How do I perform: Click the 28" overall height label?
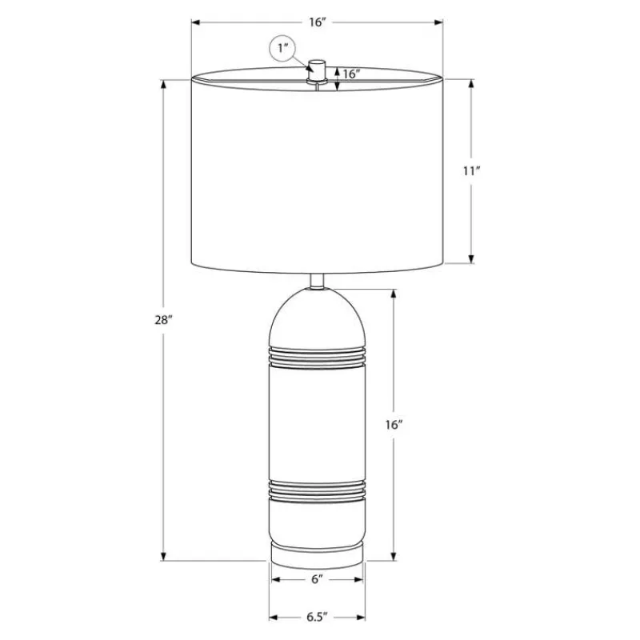tap(164, 320)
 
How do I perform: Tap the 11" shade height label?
tap(471, 170)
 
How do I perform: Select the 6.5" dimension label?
tap(317, 617)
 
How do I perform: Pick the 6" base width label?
tap(317, 579)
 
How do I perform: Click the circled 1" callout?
tap(282, 49)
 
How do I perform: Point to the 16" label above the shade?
tap(318, 22)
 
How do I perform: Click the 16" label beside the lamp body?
tap(394, 425)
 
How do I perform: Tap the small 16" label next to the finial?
tap(351, 74)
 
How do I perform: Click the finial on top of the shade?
tap(316, 71)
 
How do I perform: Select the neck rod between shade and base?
tap(317, 282)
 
